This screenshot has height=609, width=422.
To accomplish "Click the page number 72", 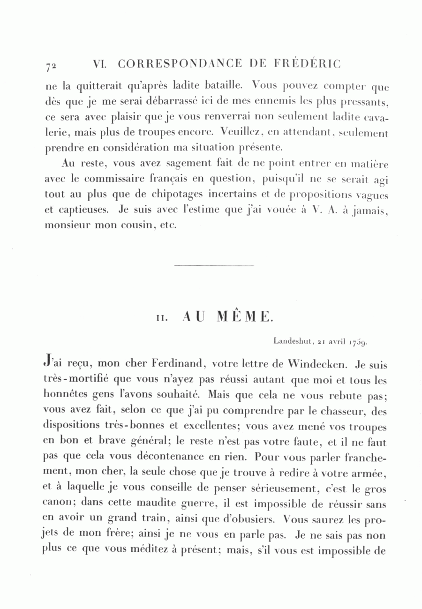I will tap(52, 66).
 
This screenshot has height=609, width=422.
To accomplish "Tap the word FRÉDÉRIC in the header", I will tap(313, 64).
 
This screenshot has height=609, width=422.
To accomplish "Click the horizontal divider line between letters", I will tap(213, 266).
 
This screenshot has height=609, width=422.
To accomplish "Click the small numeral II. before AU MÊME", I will tap(160, 318).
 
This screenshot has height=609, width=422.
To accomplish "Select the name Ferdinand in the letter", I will tap(179, 363).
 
